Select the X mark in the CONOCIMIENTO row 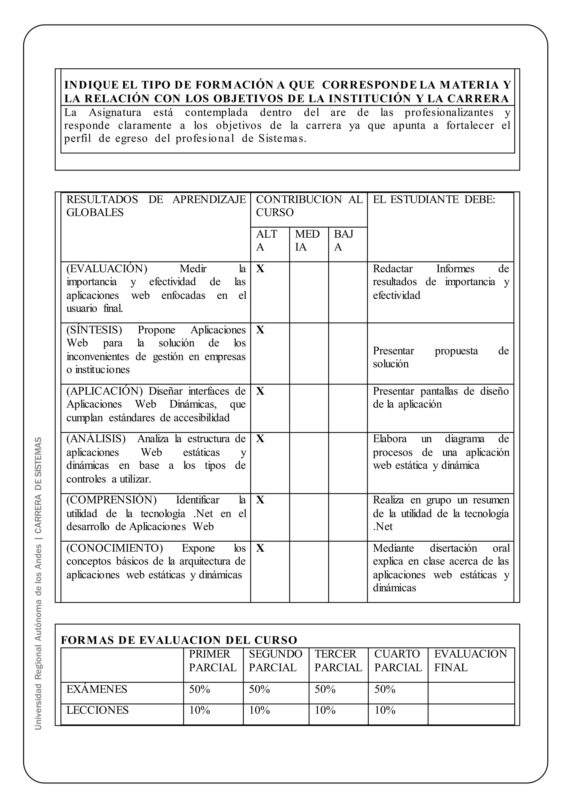[260, 548]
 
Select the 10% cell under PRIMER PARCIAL [199, 710]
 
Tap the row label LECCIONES [97, 710]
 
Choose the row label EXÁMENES [97, 689]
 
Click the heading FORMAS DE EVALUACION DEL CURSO [179, 640]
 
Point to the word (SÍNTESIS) [94, 330]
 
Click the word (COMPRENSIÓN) [111, 500]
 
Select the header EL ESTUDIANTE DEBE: [434, 199]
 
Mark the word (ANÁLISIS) [96, 439]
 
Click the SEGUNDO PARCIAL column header [275, 661]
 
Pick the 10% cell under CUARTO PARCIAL [385, 710]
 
